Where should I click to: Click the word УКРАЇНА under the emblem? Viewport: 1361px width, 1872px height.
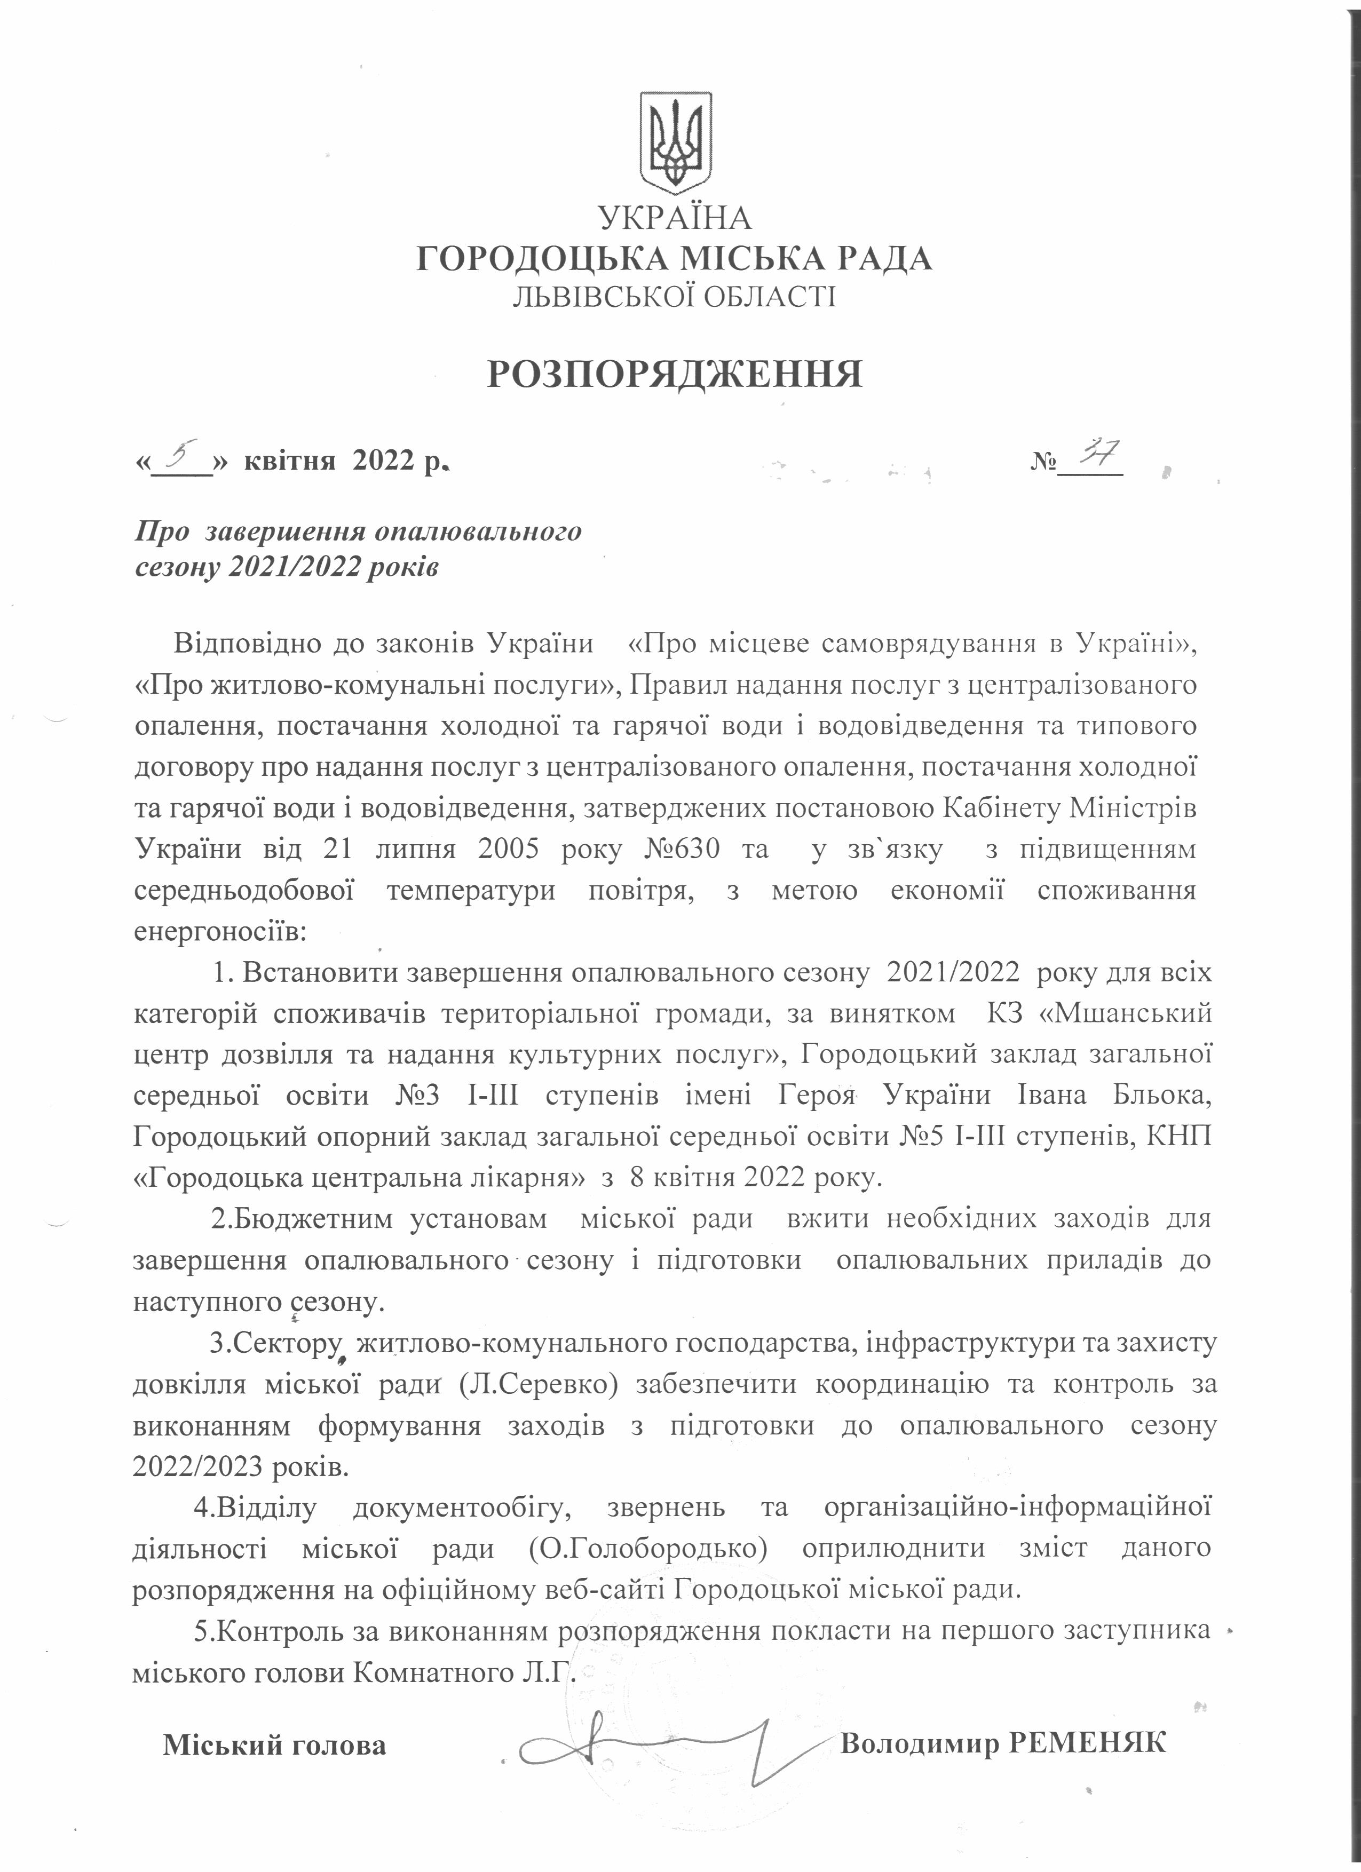(675, 218)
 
